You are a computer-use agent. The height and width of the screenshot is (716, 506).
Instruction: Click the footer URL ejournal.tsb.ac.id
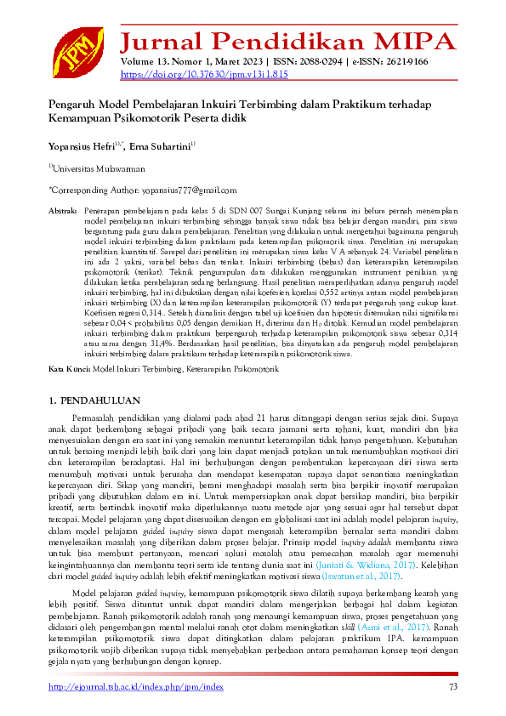136,687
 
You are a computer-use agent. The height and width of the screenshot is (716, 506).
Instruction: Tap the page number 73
452,687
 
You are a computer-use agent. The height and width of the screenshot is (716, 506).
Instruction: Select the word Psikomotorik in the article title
143,118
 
